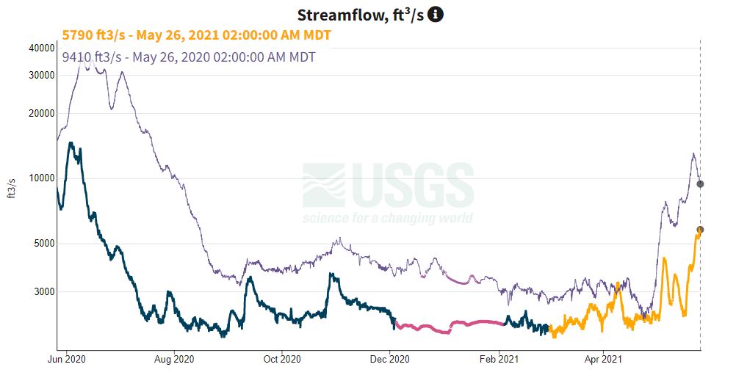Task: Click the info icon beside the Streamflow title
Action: (x=436, y=14)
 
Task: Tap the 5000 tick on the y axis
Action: (x=43, y=244)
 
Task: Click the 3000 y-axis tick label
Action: (x=43, y=291)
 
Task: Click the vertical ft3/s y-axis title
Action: (x=12, y=188)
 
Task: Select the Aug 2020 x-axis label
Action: (x=174, y=359)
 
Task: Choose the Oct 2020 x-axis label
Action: (x=281, y=359)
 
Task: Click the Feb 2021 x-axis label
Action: (x=499, y=359)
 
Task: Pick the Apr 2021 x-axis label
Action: (x=602, y=359)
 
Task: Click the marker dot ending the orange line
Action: (x=700, y=230)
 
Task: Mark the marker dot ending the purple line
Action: (x=700, y=183)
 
